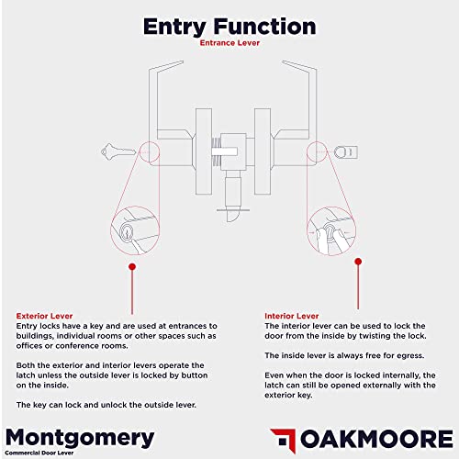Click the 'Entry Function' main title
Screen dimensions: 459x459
tap(229, 26)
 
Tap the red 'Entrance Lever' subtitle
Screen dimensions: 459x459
tap(229, 42)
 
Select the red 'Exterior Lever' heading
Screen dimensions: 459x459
tap(45, 315)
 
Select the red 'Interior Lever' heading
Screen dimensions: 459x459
tap(293, 315)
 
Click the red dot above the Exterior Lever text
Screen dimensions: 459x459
tap(132, 267)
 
